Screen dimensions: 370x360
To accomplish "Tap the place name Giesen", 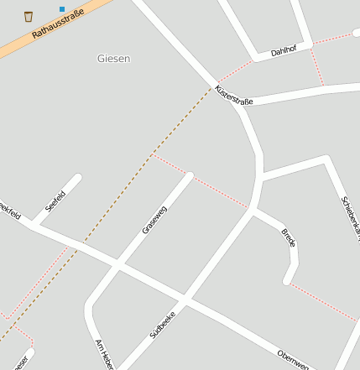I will (114, 59).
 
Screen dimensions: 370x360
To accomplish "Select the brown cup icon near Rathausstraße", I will (28, 16).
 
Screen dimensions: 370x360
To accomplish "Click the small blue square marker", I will (61, 9).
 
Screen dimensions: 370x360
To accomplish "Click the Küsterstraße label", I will (233, 95).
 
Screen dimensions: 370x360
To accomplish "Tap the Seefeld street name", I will (55, 201).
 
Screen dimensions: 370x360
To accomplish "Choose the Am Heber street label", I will (103, 354).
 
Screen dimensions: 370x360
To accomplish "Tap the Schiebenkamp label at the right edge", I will (351, 215).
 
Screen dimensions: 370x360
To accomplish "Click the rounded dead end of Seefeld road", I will (78, 178).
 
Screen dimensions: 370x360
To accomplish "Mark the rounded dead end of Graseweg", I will (189, 176).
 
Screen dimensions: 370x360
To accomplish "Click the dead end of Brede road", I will (287, 280).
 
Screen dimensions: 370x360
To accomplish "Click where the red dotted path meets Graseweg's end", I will (187, 175).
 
